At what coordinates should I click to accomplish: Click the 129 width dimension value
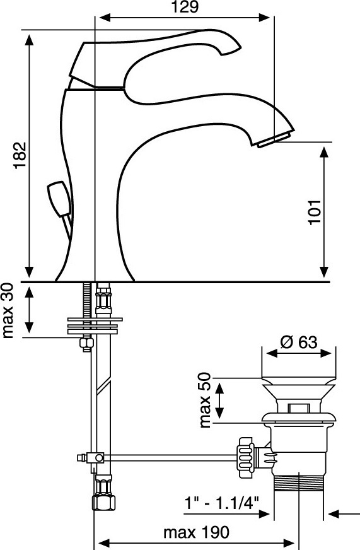(x=185, y=7)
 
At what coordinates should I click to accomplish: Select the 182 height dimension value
(x=20, y=155)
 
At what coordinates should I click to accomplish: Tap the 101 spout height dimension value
(x=315, y=212)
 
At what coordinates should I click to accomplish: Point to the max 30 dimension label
(x=8, y=311)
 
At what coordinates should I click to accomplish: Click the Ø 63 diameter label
(x=299, y=342)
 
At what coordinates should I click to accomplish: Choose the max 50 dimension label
(x=205, y=401)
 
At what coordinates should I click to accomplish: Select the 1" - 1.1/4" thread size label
(x=221, y=504)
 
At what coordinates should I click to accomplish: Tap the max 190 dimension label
(x=196, y=532)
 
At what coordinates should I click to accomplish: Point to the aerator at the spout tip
(x=274, y=139)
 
